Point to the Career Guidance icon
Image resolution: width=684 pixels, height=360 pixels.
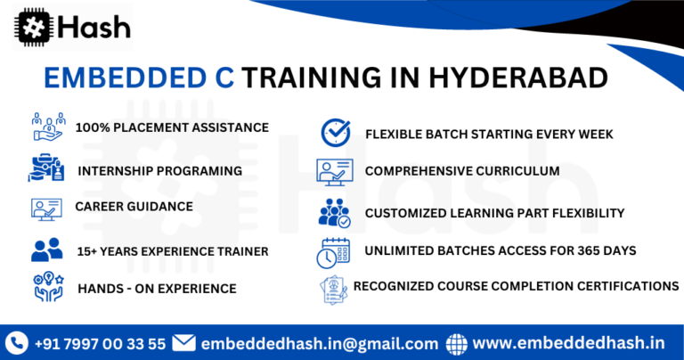tap(46, 208)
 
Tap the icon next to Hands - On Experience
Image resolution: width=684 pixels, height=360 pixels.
tap(46, 288)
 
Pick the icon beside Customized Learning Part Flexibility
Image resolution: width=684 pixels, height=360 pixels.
tap(334, 213)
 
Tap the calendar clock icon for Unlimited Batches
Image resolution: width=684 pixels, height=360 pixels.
tap(333, 252)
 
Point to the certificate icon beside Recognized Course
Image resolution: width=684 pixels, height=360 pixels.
tap(333, 288)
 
